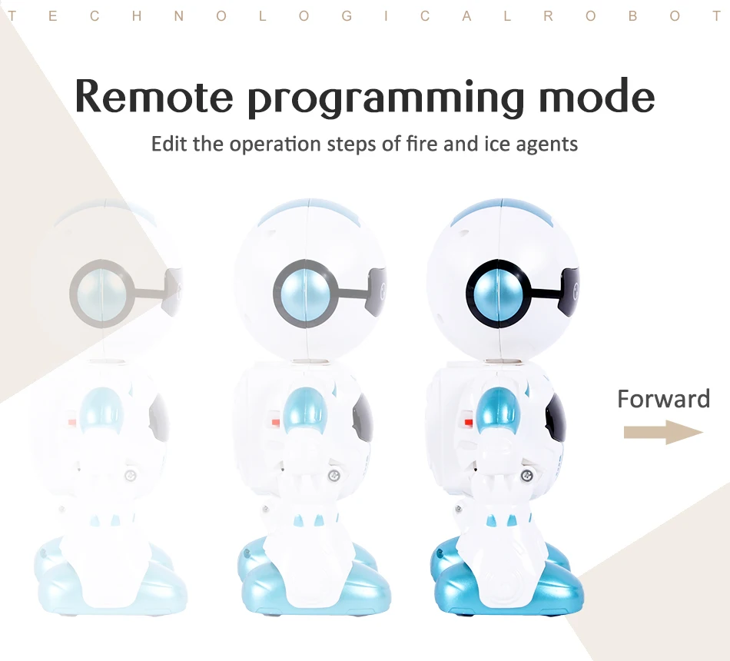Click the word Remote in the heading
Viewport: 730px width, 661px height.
pos(154,96)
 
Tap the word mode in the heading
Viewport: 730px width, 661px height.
pos(597,95)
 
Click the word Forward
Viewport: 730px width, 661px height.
pos(663,399)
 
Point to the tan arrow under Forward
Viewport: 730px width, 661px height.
pos(663,432)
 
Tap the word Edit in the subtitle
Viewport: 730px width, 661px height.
pos(170,144)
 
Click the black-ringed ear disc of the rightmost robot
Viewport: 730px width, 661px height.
pos(499,294)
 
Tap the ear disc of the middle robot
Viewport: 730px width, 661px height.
pos(306,294)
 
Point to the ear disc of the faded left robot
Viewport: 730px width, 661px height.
pos(102,294)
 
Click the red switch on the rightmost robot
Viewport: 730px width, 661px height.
pos(469,423)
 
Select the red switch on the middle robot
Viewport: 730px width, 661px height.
pos(275,423)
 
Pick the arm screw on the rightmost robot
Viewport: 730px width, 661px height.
pos(527,476)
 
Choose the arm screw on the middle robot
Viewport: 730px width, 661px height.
pos(333,476)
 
